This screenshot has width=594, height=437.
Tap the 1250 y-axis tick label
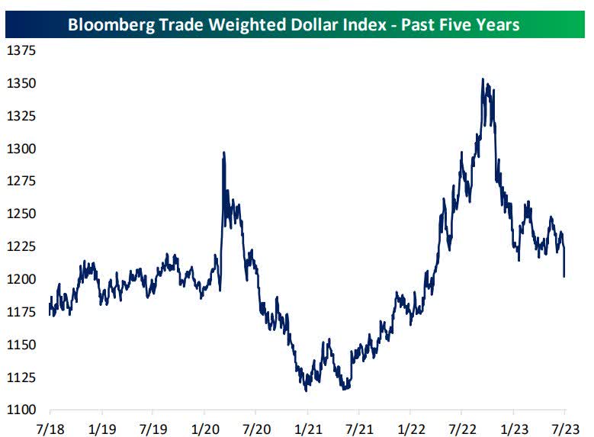pos(21,214)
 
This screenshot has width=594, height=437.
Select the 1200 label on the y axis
pos(21,279)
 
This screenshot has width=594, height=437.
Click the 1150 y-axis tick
pos(21,345)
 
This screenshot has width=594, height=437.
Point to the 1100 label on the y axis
pos(21,410)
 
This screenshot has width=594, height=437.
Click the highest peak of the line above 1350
pos(483,79)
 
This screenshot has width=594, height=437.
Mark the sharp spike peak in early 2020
pos(223,152)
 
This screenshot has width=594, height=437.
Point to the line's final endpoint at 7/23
pos(564,276)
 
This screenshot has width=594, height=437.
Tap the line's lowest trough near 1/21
pos(306,390)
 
